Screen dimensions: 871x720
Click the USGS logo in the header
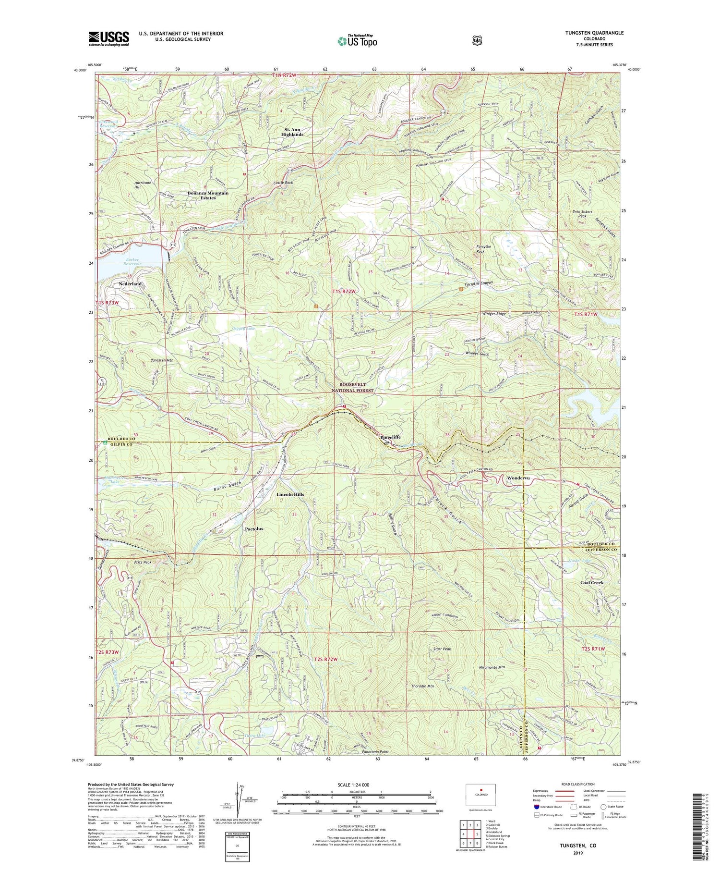pyautogui.click(x=108, y=38)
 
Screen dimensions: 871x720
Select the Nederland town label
pyautogui.click(x=130, y=284)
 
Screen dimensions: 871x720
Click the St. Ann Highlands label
pyautogui.click(x=292, y=132)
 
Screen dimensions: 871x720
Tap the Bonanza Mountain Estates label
pyautogui.click(x=208, y=195)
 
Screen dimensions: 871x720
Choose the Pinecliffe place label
pyautogui.click(x=390, y=437)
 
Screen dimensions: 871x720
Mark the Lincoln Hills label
pyautogui.click(x=290, y=494)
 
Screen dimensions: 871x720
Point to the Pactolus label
pyautogui.click(x=254, y=528)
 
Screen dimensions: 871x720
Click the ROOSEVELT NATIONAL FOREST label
pyautogui.click(x=353, y=388)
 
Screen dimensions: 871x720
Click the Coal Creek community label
pyautogui.click(x=591, y=583)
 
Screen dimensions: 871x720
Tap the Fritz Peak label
pyautogui.click(x=143, y=562)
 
